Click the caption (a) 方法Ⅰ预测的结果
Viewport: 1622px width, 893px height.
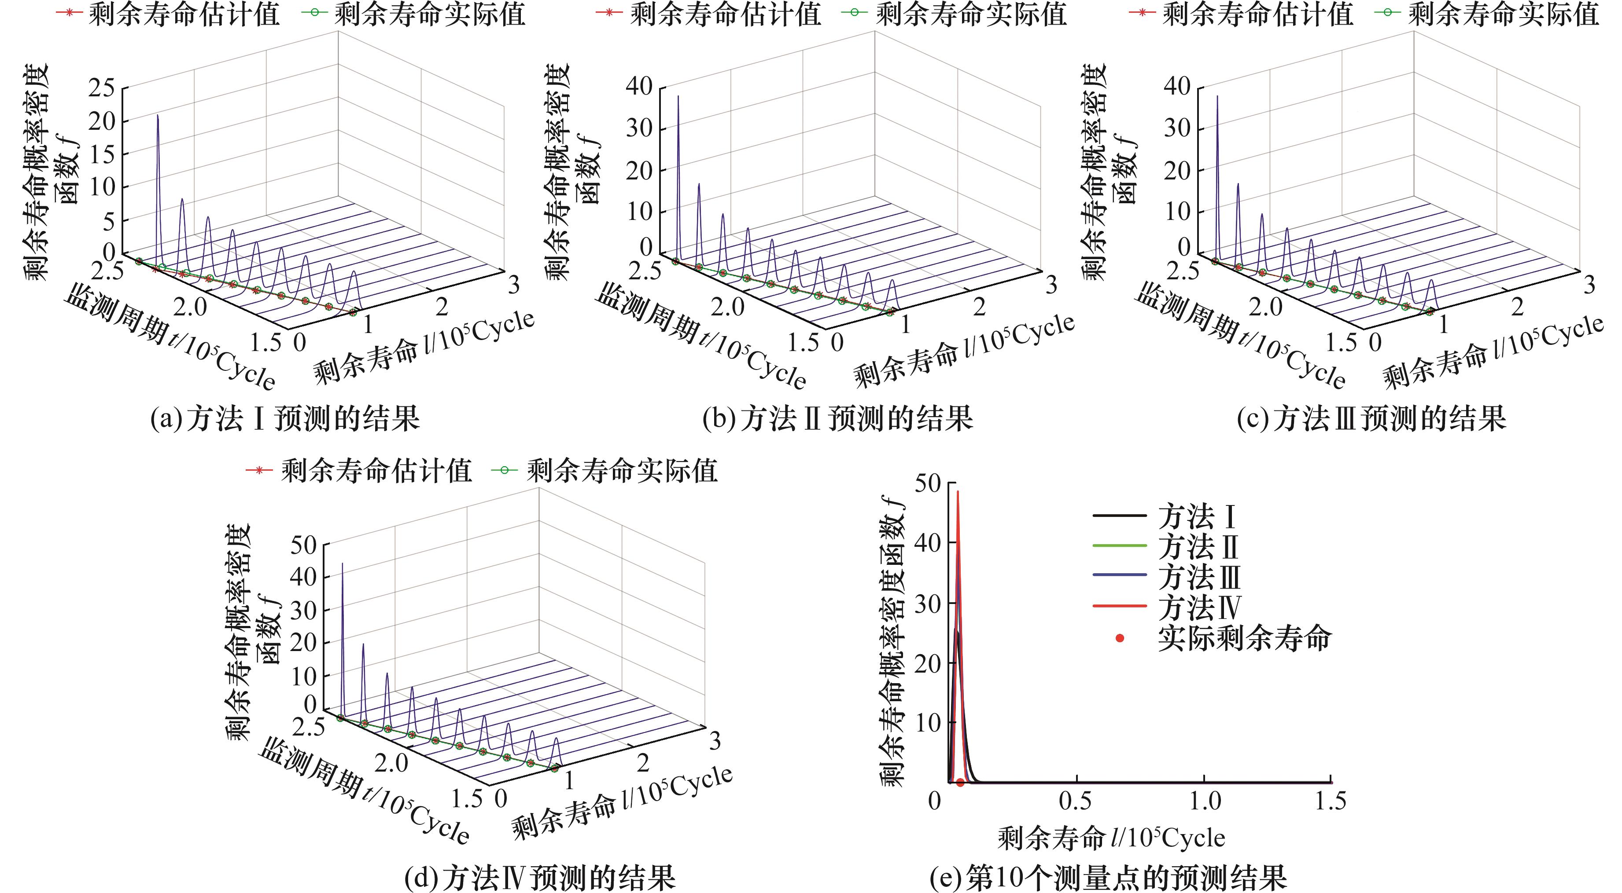284,418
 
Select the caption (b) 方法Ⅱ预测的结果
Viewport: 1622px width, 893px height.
837,418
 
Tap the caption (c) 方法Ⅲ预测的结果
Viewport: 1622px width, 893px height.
1371,418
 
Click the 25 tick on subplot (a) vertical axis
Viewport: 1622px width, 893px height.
102,88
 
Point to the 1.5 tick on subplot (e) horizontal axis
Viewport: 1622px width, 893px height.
1330,801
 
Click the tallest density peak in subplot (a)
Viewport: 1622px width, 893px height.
158,117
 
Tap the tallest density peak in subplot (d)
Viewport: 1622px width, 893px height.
343,564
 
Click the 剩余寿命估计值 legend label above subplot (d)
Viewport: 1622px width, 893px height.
376,471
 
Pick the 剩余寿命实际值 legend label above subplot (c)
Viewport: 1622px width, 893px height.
1503,14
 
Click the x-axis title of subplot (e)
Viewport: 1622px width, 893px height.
1111,838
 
